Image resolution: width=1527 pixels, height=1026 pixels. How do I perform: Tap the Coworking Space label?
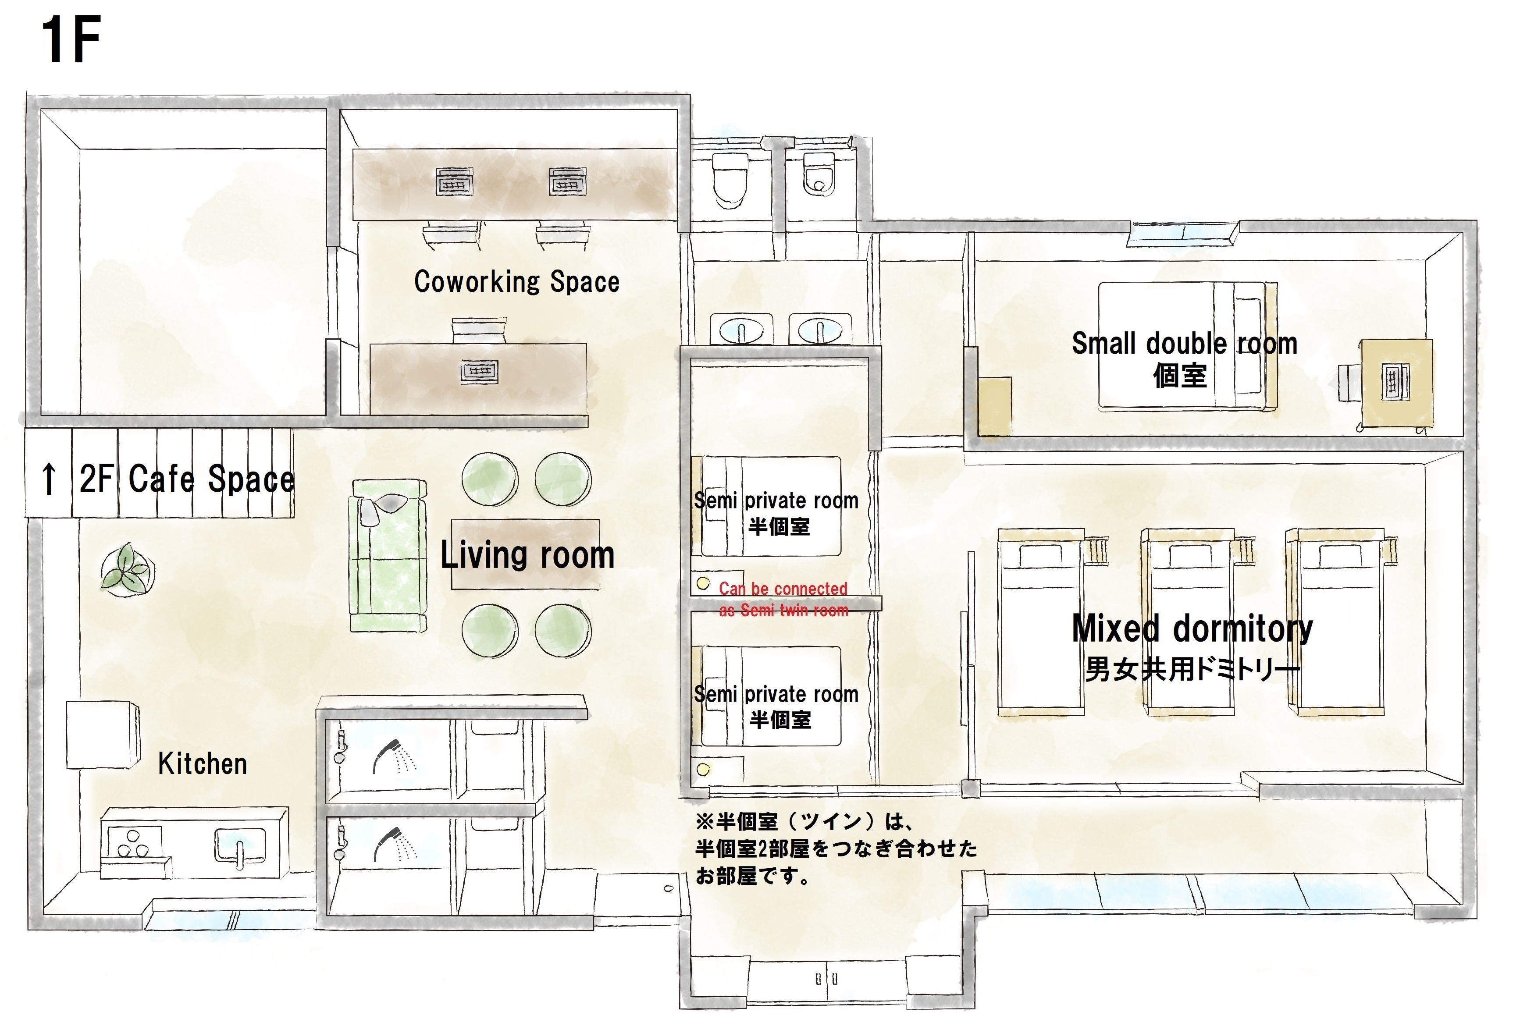516,281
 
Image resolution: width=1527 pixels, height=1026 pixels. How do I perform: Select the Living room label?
527,555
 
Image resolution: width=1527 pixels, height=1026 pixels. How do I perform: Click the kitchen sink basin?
240,846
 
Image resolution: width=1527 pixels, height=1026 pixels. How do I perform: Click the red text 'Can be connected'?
783,589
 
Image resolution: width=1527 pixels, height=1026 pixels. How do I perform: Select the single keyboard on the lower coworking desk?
480,371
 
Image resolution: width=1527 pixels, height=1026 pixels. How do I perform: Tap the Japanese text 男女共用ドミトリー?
1192,669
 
